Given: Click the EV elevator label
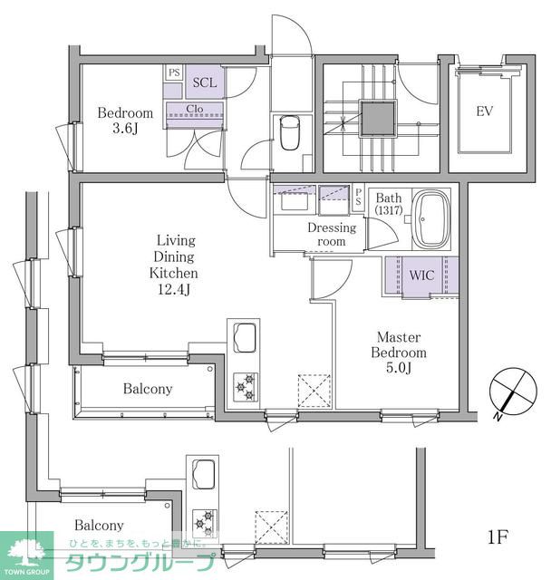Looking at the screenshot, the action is pyautogui.click(x=485, y=111).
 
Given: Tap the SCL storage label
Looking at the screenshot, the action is pyautogui.click(x=205, y=82).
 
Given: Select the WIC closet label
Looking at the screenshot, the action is pyautogui.click(x=421, y=275).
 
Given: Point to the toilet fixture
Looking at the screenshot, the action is pyautogui.click(x=290, y=132).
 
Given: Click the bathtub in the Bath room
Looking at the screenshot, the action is pyautogui.click(x=431, y=219).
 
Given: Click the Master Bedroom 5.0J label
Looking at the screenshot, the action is pyautogui.click(x=399, y=353).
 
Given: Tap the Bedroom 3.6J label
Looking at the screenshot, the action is pyautogui.click(x=125, y=121).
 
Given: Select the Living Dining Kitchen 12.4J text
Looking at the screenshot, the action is pyautogui.click(x=174, y=265).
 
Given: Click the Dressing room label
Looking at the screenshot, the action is pyautogui.click(x=332, y=234).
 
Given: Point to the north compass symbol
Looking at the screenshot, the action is pyautogui.click(x=513, y=391).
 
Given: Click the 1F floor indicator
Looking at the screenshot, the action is pyautogui.click(x=498, y=536).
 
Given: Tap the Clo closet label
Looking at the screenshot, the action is pyautogui.click(x=195, y=109).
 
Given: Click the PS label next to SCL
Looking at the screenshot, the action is pyautogui.click(x=174, y=72).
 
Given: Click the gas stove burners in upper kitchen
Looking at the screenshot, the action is pyautogui.click(x=246, y=387).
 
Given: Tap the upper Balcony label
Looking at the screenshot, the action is pyautogui.click(x=148, y=389).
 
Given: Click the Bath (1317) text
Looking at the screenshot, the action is pyautogui.click(x=389, y=203).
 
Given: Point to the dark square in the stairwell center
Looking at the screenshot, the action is pyautogui.click(x=378, y=119).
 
